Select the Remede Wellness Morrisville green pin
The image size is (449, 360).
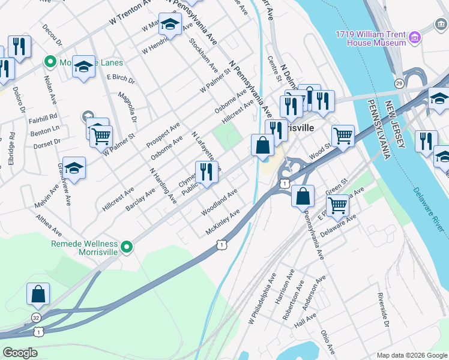pos(126,247)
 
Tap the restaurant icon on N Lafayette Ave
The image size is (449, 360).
pos(206,172)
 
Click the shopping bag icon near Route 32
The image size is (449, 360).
pos(38,294)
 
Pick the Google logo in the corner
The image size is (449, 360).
pos(20,353)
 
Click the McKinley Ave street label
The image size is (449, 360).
pos(223,221)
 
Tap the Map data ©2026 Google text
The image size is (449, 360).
pos(411,355)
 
